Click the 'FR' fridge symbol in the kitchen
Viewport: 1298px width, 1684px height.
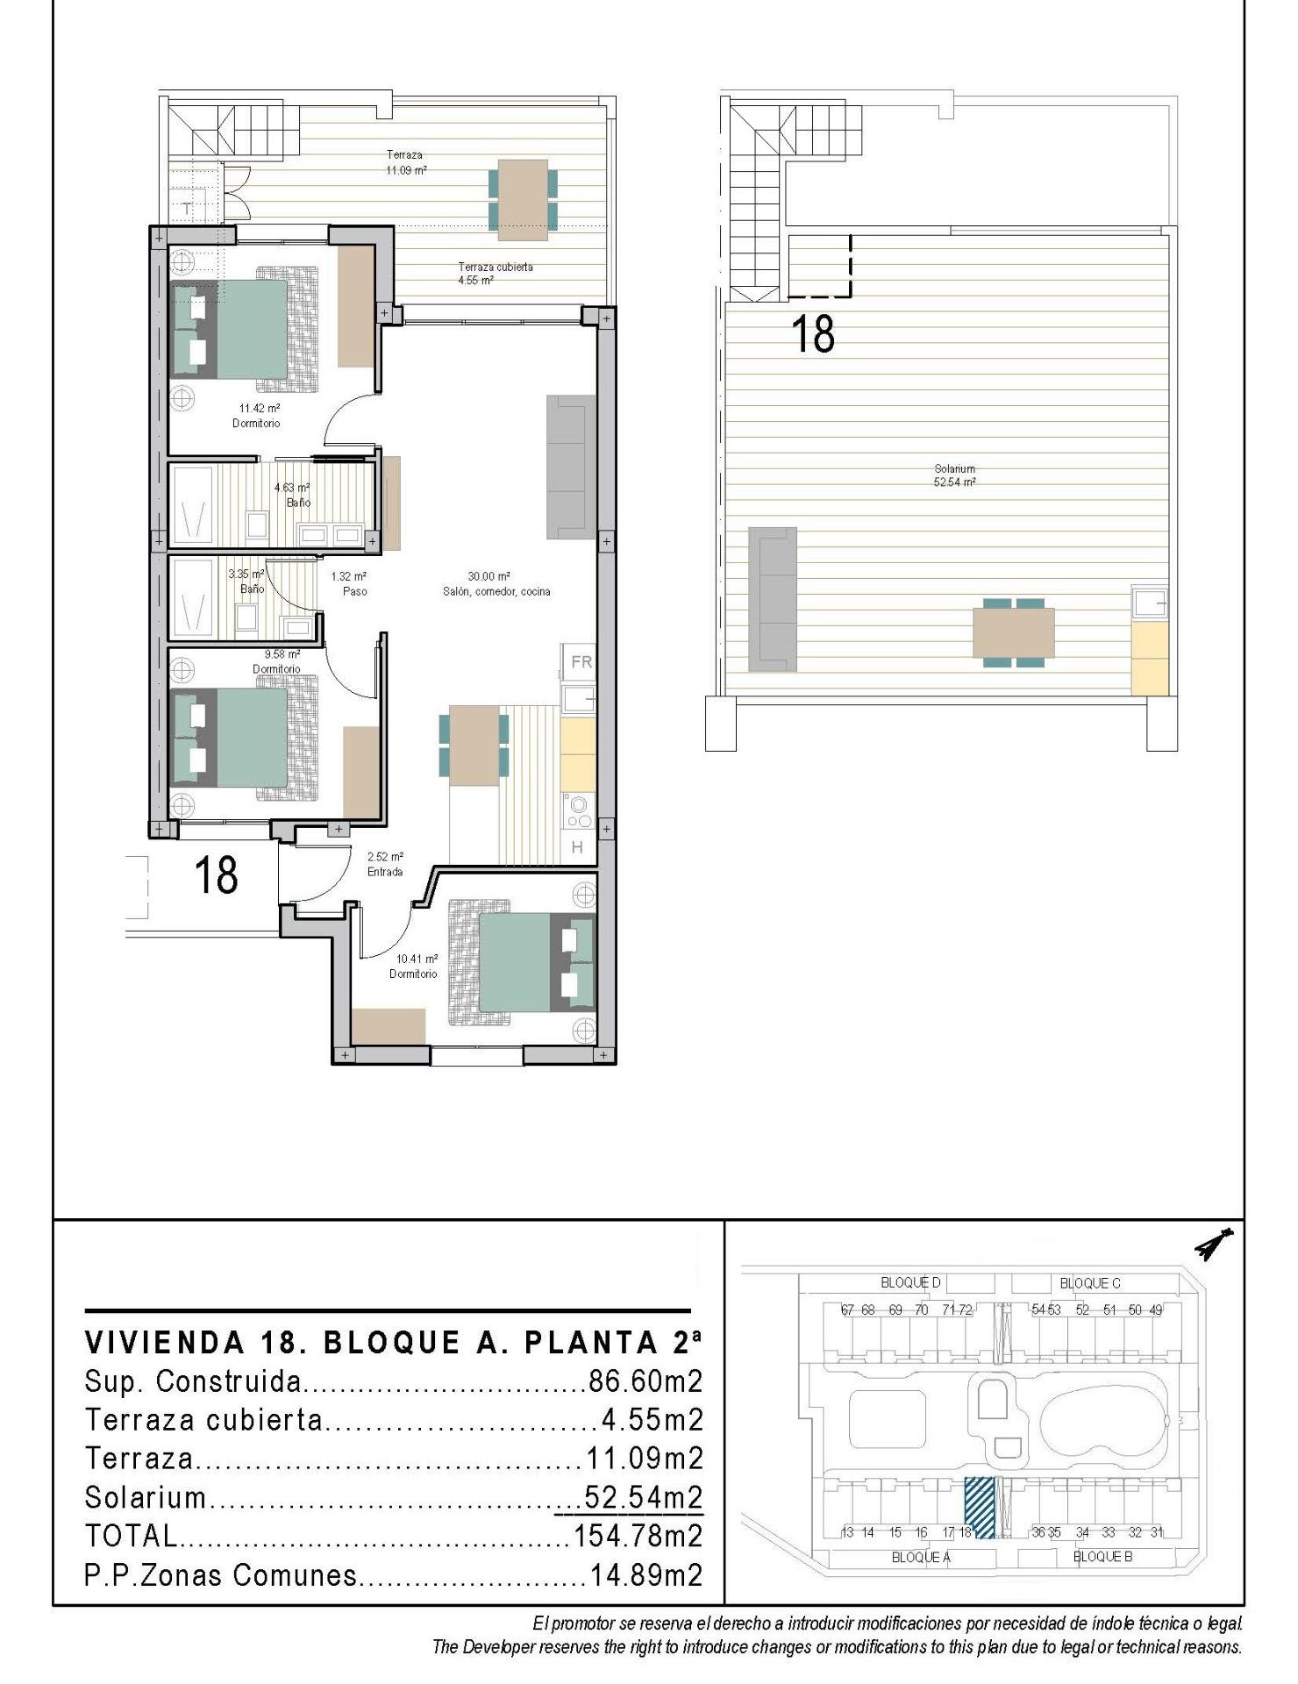[581, 662]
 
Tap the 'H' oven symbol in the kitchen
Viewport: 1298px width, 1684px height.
[577, 847]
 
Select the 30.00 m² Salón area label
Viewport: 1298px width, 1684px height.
[496, 584]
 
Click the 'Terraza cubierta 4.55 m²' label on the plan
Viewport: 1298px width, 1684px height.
[495, 274]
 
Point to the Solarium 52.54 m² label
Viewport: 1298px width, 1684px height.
[955, 475]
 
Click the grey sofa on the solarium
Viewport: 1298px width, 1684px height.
[773, 599]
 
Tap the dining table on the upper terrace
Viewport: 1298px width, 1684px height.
[523, 199]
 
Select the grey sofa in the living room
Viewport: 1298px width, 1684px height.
[571, 467]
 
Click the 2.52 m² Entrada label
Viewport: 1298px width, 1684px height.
[385, 864]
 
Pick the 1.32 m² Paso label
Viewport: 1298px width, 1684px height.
[349, 584]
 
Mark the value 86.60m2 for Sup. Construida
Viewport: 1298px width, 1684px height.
[645, 1382]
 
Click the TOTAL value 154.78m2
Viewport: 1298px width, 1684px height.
[638, 1536]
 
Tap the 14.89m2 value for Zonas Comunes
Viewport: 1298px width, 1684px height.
[646, 1575]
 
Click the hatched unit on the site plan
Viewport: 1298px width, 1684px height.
[980, 1508]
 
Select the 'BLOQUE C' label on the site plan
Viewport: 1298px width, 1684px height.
[1090, 1283]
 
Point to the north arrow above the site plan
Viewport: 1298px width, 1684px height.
[1213, 1244]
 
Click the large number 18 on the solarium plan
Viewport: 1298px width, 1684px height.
[813, 335]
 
